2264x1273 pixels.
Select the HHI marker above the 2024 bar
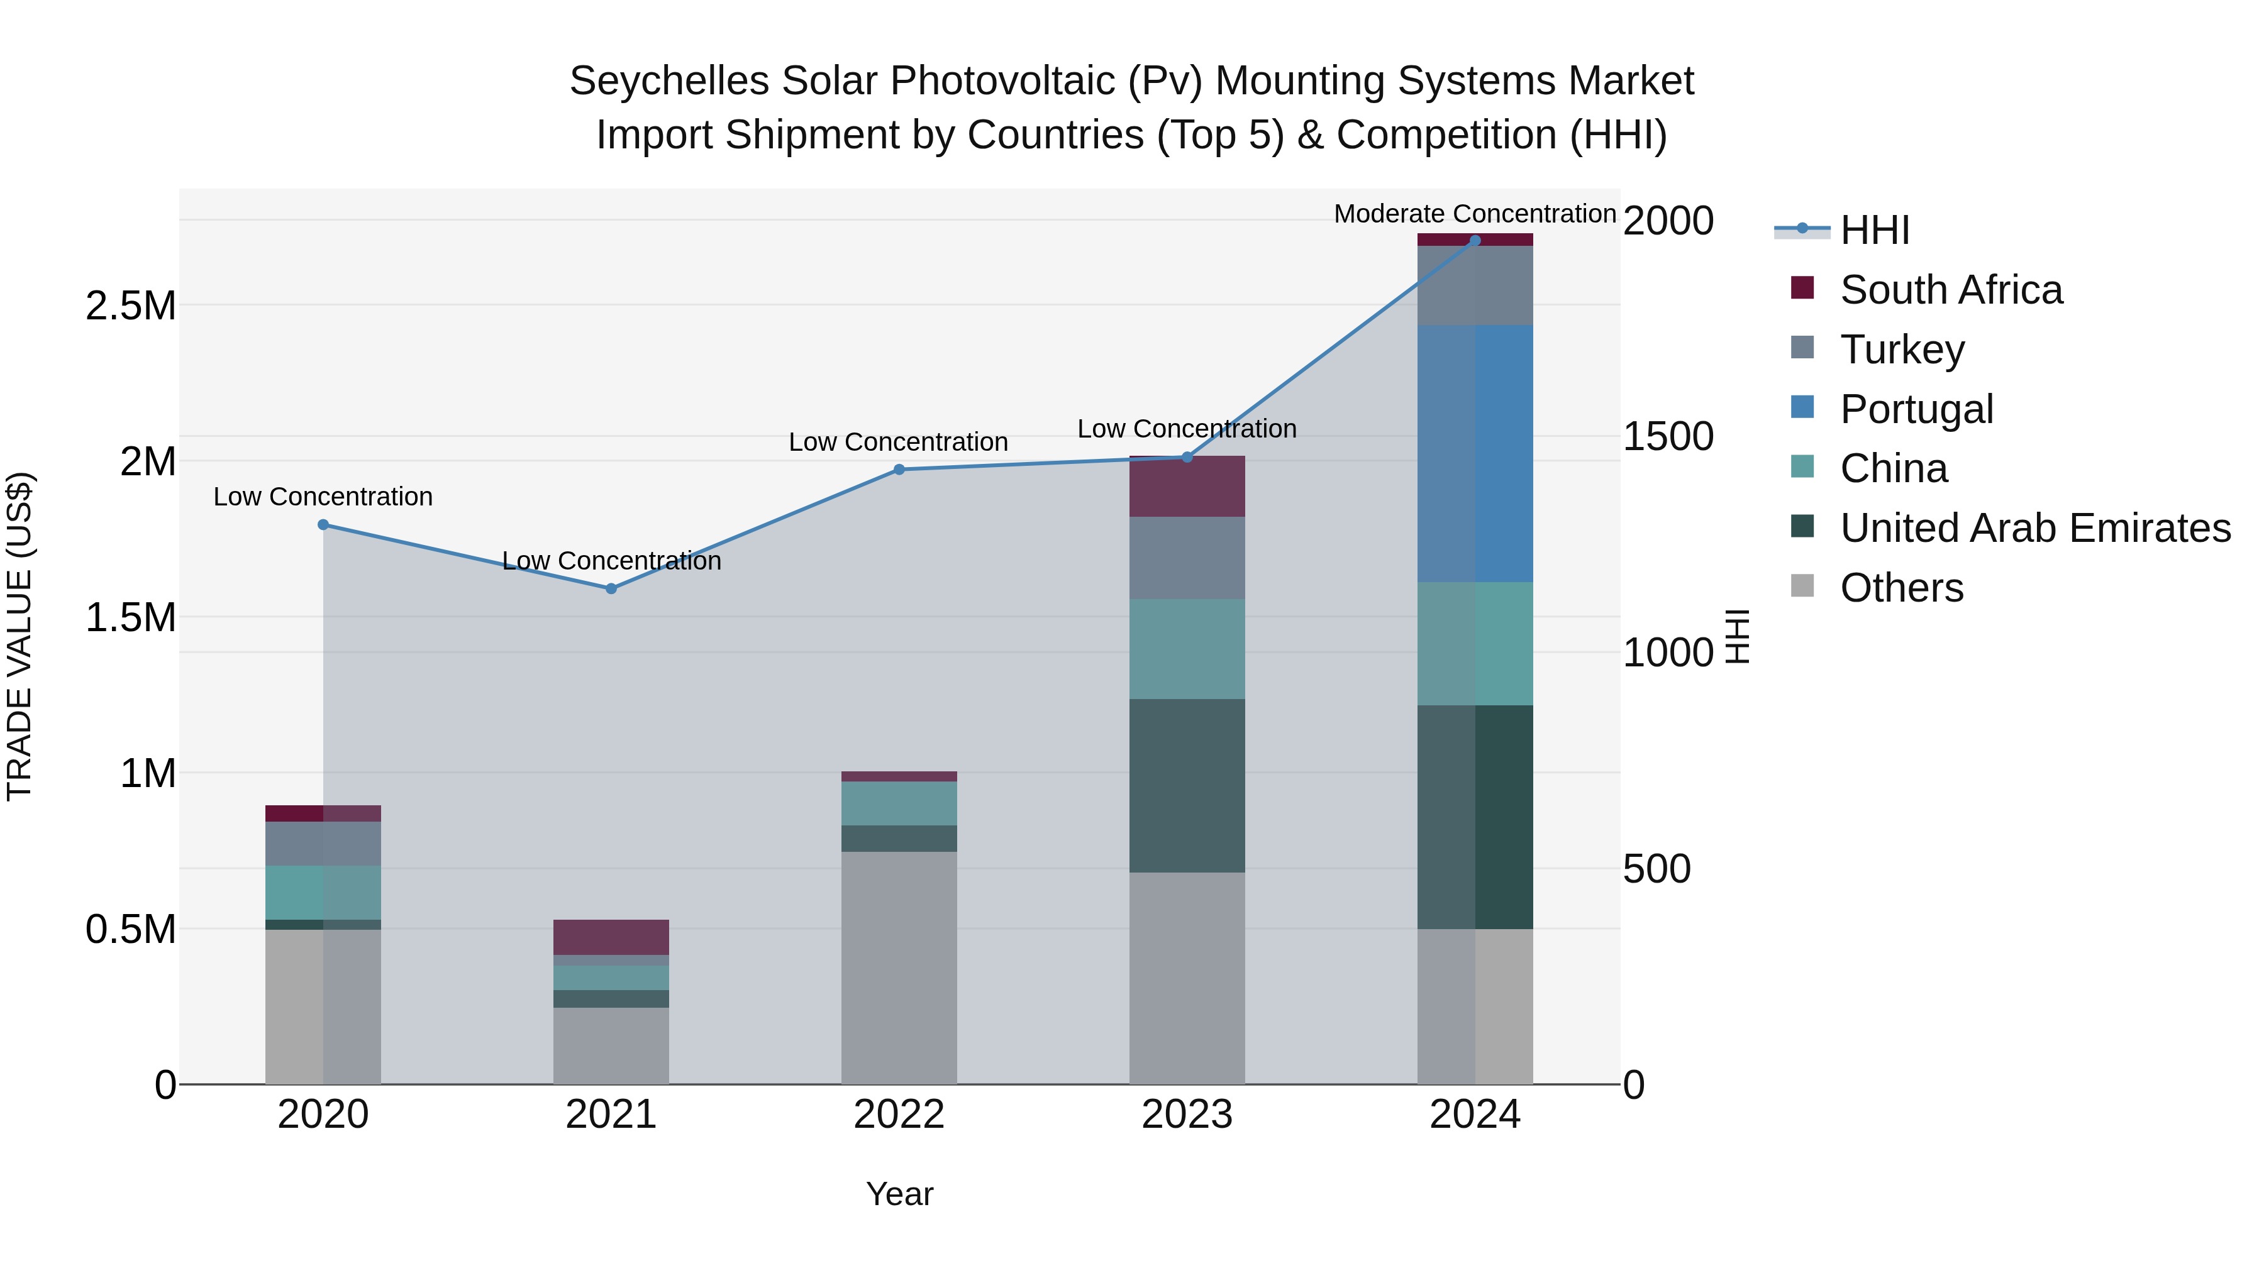[1475, 241]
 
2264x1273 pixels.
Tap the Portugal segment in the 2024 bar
[1475, 453]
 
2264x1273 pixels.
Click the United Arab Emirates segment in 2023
[1187, 785]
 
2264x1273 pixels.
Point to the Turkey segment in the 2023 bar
[1187, 558]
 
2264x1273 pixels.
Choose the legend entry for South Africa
[1950, 290]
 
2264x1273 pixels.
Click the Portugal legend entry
[1916, 409]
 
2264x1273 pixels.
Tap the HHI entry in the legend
[1874, 230]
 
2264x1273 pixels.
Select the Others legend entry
[1901, 588]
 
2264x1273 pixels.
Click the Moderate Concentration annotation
[1474, 214]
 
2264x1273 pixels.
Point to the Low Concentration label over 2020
[323, 497]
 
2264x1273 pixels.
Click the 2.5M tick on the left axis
[130, 306]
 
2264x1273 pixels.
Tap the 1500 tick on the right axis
[1667, 437]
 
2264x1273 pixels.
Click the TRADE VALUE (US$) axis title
[19, 636]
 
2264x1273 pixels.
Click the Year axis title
[899, 1194]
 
